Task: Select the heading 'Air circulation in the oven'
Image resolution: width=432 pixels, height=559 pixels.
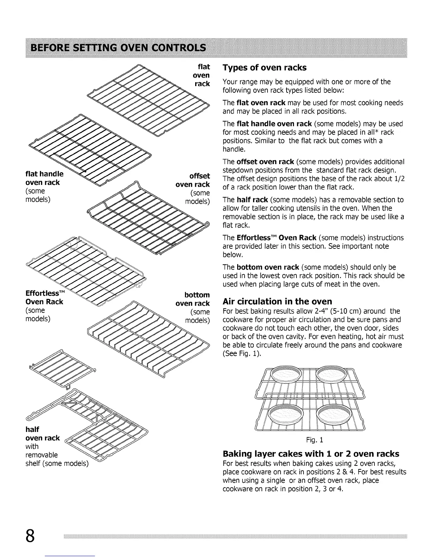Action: [x=277, y=301]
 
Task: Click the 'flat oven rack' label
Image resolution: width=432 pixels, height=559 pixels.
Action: [x=202, y=75]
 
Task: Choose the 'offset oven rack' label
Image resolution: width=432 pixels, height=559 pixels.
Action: [x=193, y=180]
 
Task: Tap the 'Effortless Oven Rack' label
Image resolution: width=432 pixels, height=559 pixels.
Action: [x=44, y=297]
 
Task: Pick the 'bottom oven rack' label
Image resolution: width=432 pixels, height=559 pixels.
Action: [x=193, y=299]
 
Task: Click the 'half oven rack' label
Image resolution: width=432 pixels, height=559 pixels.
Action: [x=42, y=434]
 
